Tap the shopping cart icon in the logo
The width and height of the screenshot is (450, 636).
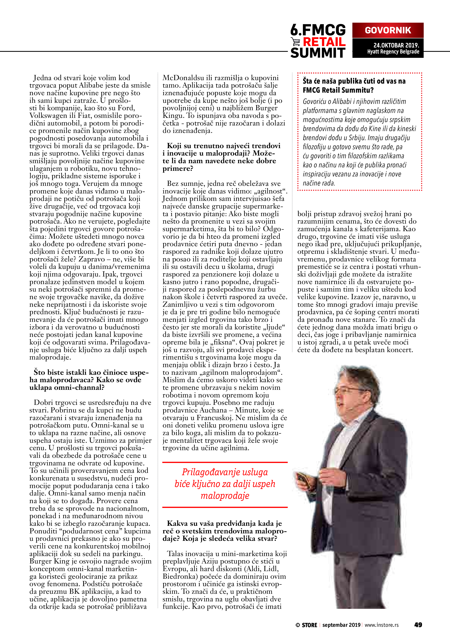[x=296, y=42]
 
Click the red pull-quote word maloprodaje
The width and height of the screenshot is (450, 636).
[x=225, y=495]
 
